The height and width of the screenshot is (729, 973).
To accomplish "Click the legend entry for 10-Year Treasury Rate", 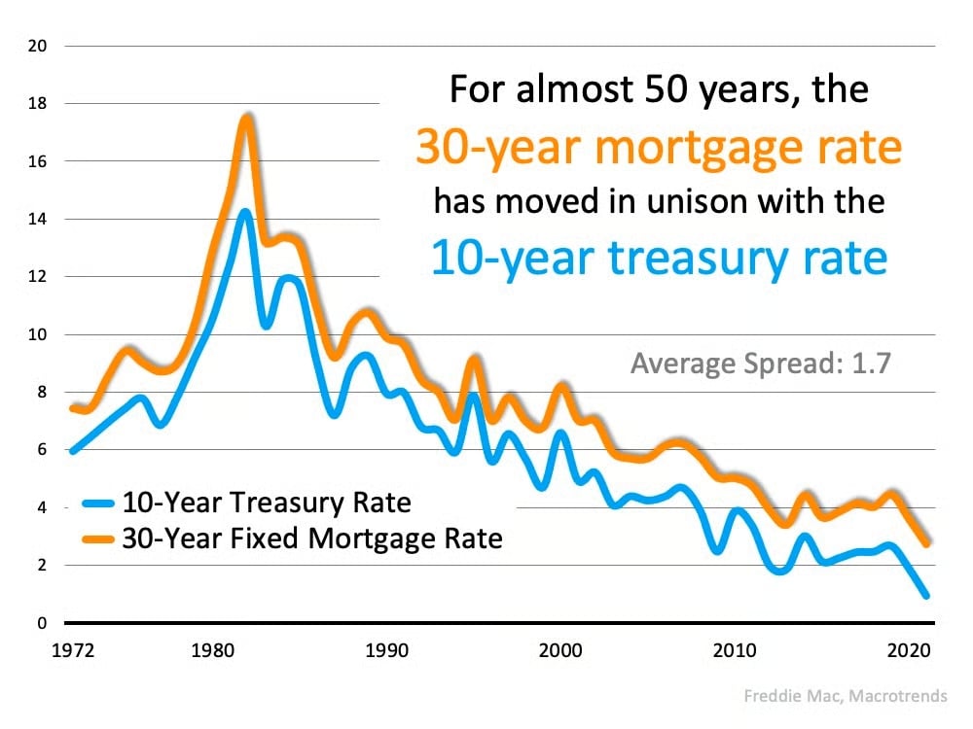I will click(x=266, y=503).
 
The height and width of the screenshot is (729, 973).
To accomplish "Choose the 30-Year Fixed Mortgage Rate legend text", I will click(x=311, y=538).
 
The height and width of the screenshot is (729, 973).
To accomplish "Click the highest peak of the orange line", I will click(x=247, y=118).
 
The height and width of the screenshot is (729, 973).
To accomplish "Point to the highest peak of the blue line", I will click(x=245, y=212).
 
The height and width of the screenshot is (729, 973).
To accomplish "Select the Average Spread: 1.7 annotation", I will click(x=761, y=364).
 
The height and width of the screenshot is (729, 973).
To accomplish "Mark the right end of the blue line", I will click(x=925, y=595).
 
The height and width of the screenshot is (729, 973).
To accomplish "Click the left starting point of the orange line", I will click(x=73, y=407).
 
